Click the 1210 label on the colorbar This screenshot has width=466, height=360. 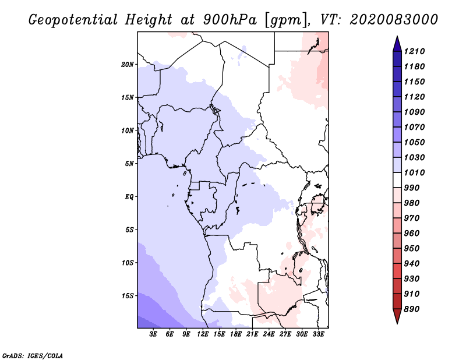[417, 51]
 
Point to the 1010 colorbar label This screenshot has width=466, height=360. [417, 172]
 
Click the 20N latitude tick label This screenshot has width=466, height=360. [128, 64]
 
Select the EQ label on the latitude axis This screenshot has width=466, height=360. [129, 197]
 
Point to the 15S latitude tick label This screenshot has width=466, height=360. [128, 296]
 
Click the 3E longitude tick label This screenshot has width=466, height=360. [154, 334]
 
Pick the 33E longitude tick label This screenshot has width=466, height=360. [319, 334]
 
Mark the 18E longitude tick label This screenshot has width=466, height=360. [236, 334]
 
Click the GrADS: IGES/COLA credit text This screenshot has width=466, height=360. [26, 355]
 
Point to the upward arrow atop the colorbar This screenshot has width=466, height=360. [397, 43]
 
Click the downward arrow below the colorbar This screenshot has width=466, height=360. [397, 317]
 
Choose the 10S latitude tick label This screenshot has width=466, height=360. [128, 263]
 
